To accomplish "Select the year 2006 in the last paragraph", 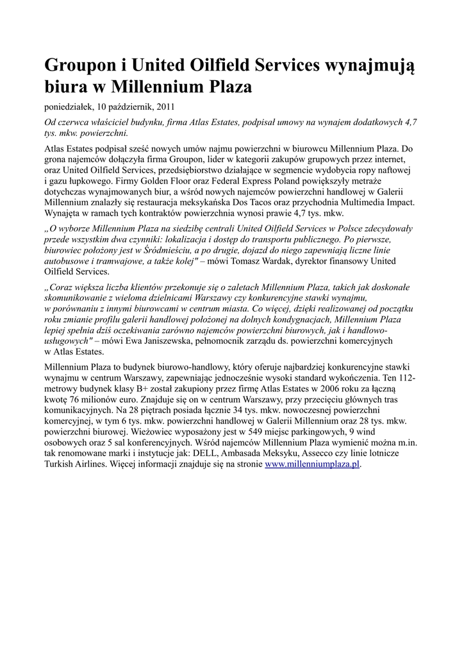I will [x=311, y=389].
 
